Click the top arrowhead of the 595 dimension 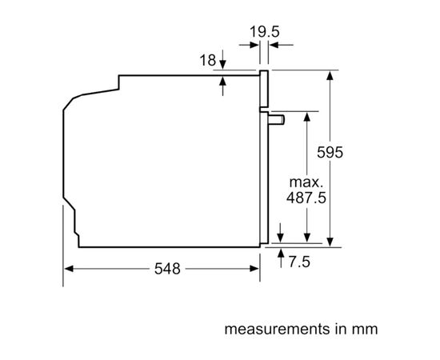[x=330, y=74]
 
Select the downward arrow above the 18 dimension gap [x=222, y=65]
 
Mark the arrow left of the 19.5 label [x=248, y=46]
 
